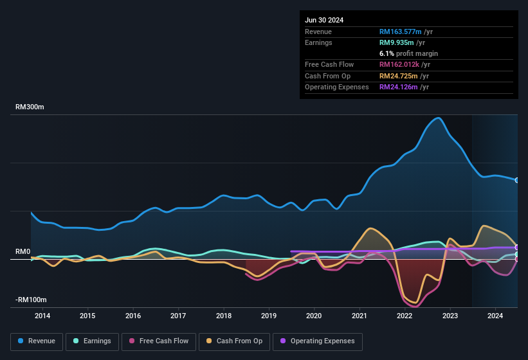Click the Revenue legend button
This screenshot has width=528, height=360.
(37, 341)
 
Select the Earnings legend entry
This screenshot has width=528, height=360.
(92, 341)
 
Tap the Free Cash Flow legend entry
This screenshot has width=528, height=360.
(159, 341)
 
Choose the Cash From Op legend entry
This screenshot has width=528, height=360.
(235, 341)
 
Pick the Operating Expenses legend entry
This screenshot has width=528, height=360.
(318, 341)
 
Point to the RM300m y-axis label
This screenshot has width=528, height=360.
(30, 107)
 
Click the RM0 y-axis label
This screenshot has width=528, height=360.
(23, 252)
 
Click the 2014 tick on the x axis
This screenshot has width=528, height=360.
(42, 316)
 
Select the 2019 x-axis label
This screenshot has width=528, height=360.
(269, 316)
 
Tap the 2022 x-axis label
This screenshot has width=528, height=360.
(405, 316)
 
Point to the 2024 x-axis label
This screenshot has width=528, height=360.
(495, 316)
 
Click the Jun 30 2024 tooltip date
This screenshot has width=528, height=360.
(324, 20)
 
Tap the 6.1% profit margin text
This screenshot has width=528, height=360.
(408, 53)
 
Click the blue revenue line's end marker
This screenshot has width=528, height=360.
(517, 180)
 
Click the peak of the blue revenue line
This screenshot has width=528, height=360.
(438, 118)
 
